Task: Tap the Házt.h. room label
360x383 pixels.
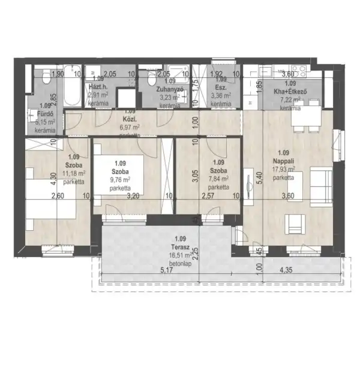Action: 98,86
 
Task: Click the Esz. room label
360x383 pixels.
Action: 221,86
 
